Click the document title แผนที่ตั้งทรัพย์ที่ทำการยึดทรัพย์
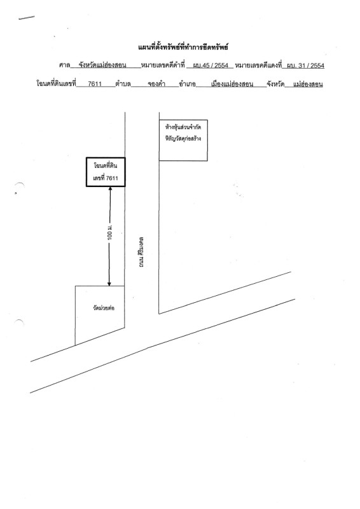pyautogui.click(x=183, y=47)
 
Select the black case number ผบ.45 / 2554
pyautogui.click(x=211, y=66)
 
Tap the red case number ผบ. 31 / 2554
pyautogui.click(x=305, y=66)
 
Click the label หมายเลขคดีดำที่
pyautogui.click(x=163, y=65)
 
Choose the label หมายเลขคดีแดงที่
pyautogui.click(x=258, y=65)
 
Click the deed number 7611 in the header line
pyautogui.click(x=95, y=84)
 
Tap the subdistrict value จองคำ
pyautogui.click(x=156, y=84)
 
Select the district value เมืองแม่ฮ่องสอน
pyautogui.click(x=232, y=84)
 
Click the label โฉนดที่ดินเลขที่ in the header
pyautogui.click(x=56, y=84)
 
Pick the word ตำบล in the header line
pyautogui.click(x=123, y=84)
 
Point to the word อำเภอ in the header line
pyautogui.click(x=187, y=84)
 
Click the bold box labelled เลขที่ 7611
pyautogui.click(x=106, y=172)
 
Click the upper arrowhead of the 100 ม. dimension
pyautogui.click(x=110, y=188)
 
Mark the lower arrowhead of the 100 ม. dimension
pyautogui.click(x=109, y=284)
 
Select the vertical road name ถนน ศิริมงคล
pyautogui.click(x=141, y=252)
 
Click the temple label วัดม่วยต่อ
pyautogui.click(x=104, y=308)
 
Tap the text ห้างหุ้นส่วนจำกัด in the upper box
pyautogui.click(x=183, y=127)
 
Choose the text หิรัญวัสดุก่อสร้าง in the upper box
pyautogui.click(x=183, y=139)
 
